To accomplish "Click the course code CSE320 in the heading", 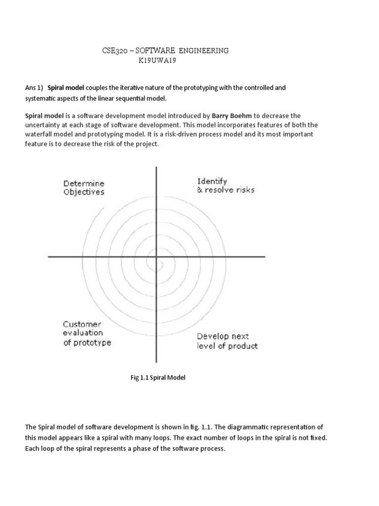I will tap(114, 51).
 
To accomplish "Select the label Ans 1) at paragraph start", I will tap(34, 87).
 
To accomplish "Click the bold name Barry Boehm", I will tap(231, 116).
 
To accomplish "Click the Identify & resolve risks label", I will tap(226, 185).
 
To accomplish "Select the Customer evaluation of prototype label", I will tap(87, 334).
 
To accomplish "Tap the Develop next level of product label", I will tap(227, 341).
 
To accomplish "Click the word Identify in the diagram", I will tap(212, 181).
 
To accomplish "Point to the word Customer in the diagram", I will tap(82, 324).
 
